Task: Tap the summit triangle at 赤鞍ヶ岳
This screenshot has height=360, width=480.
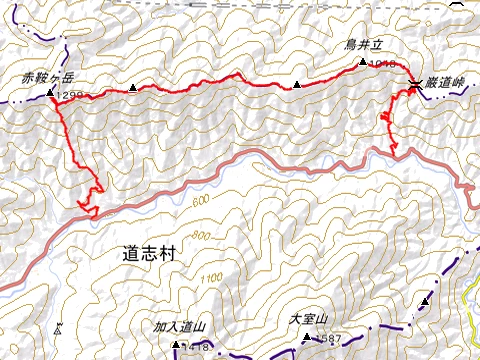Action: click(51, 92)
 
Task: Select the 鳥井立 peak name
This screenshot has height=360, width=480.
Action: click(365, 45)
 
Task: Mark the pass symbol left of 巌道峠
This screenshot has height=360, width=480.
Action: click(414, 84)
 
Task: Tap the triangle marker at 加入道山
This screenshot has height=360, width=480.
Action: click(176, 345)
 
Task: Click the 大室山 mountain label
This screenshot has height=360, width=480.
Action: click(309, 320)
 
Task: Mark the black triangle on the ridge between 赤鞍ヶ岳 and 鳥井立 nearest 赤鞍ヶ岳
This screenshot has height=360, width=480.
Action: click(133, 89)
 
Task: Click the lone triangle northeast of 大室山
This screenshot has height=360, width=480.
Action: click(425, 300)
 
